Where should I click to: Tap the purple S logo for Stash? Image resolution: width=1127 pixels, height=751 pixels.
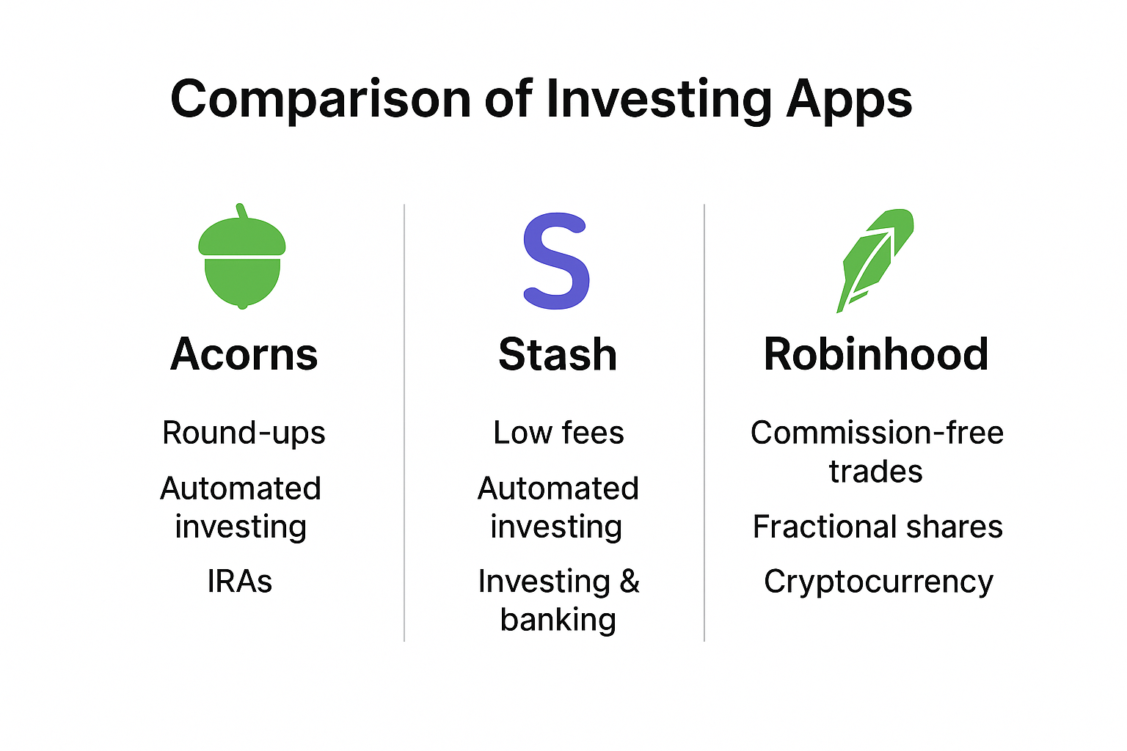point(556,261)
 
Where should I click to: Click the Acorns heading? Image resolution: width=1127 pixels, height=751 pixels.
point(244,354)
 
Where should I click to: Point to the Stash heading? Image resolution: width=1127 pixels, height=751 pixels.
point(558,354)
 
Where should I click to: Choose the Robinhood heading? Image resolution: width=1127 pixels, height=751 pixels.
point(876,354)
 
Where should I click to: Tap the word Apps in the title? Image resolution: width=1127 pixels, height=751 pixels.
point(849,100)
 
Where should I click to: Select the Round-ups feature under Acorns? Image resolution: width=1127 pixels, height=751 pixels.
point(244,433)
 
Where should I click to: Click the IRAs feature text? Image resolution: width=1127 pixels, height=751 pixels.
point(240,582)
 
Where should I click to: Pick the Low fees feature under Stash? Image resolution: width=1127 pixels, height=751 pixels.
point(558,433)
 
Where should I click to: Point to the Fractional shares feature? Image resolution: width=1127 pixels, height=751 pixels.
point(878,527)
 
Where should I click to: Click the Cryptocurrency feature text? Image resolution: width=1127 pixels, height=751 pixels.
point(878,582)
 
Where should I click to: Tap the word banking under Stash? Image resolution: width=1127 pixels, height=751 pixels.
point(558,620)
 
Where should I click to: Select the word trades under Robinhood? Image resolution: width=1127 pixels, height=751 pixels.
point(875,472)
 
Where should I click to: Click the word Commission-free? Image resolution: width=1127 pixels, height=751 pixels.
point(877,433)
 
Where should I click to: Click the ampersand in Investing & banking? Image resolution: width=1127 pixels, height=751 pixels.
point(630,582)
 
